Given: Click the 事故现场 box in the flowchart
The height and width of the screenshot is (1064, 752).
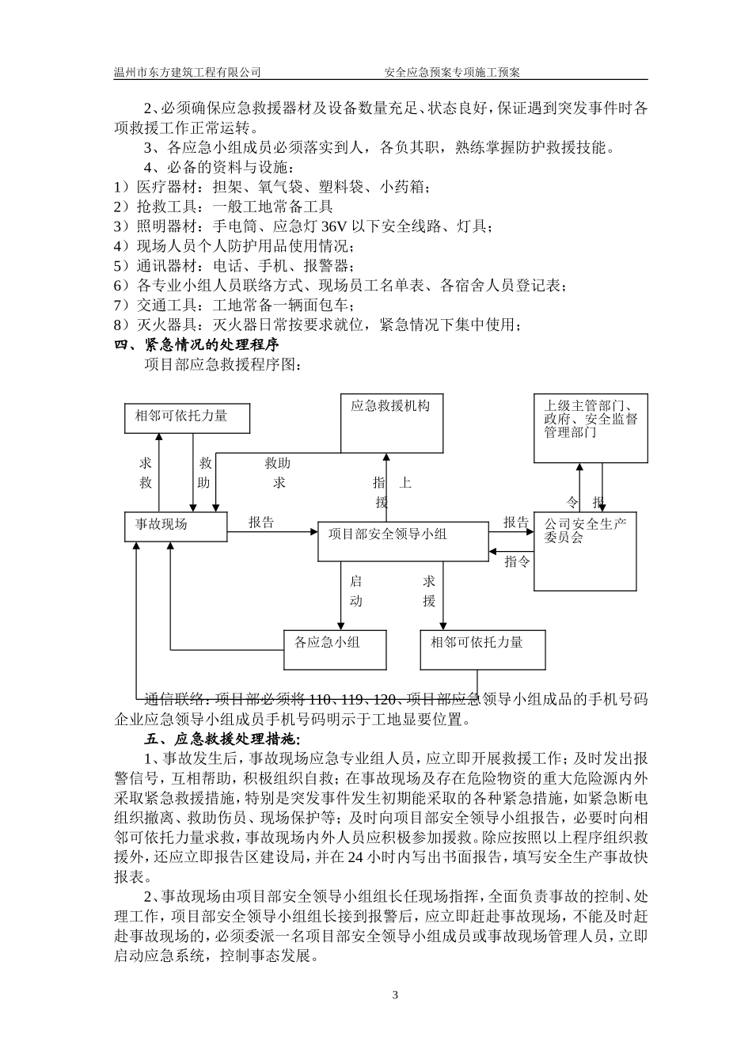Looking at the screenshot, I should (177, 526).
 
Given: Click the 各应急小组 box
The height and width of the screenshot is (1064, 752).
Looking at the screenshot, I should (336, 649).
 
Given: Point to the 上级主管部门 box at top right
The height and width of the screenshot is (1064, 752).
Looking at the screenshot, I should (591, 427).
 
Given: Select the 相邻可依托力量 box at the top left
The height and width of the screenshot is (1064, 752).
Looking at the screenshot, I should (188, 416).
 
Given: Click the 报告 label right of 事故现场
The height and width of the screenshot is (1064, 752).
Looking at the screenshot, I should (261, 522).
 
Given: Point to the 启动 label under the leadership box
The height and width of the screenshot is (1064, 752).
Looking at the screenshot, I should (355, 591).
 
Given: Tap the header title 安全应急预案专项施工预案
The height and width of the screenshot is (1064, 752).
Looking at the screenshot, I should (452, 72).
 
